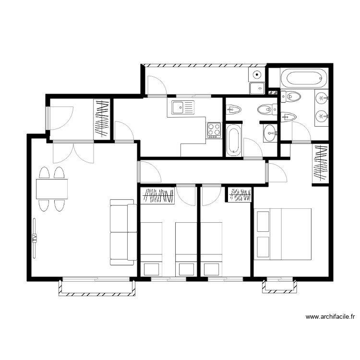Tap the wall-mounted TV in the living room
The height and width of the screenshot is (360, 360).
tap(34, 238)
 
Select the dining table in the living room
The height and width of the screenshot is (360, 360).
tap(52, 189)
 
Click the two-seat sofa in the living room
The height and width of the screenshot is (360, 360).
tap(122, 232)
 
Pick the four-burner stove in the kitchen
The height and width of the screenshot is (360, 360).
tap(214, 130)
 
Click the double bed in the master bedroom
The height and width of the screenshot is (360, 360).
tap(284, 234)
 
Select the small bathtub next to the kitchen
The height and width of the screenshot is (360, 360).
tap(233, 140)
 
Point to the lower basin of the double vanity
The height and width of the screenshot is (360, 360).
tap(321, 116)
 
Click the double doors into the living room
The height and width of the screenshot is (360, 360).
tap(73, 153)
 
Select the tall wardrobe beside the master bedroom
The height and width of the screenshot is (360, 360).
tap(320, 164)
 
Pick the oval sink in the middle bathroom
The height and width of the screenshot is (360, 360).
tap(270, 132)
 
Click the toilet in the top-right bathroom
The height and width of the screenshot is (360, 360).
tap(291, 96)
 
